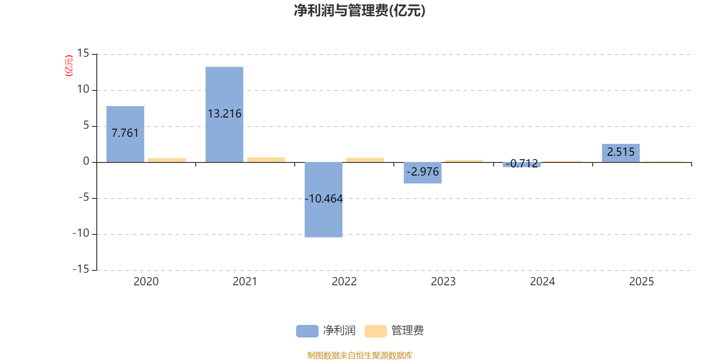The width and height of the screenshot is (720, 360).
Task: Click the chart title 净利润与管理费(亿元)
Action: click(x=360, y=11)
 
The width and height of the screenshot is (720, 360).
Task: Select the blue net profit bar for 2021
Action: click(x=225, y=114)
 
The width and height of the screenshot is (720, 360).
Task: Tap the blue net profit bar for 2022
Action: click(x=324, y=200)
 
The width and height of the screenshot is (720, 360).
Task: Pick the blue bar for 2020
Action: click(x=126, y=134)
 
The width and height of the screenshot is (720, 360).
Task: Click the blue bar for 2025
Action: click(x=621, y=153)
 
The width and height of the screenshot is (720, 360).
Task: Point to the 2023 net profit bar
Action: click(x=423, y=173)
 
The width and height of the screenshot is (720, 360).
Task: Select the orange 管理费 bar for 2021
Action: click(x=266, y=160)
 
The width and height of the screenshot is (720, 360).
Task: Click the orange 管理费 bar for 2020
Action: click(x=167, y=160)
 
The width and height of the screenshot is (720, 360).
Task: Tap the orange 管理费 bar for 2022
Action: click(x=365, y=160)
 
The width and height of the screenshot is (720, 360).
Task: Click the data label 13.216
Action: click(x=225, y=113)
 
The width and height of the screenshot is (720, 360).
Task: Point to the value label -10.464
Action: click(x=324, y=198)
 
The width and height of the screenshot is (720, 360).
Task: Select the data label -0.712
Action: click(x=522, y=163)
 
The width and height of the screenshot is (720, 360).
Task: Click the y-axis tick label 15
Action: click(x=83, y=53)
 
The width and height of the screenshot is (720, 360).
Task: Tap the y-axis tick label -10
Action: click(x=81, y=233)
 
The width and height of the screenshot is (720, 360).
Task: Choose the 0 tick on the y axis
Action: click(x=86, y=161)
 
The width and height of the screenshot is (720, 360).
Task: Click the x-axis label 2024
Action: click(x=543, y=282)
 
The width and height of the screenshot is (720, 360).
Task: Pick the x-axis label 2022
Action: click(x=344, y=282)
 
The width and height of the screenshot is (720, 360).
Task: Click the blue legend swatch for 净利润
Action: click(x=307, y=331)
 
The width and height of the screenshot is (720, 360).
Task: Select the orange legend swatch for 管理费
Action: click(x=375, y=331)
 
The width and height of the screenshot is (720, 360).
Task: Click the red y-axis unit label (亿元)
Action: click(x=69, y=66)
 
